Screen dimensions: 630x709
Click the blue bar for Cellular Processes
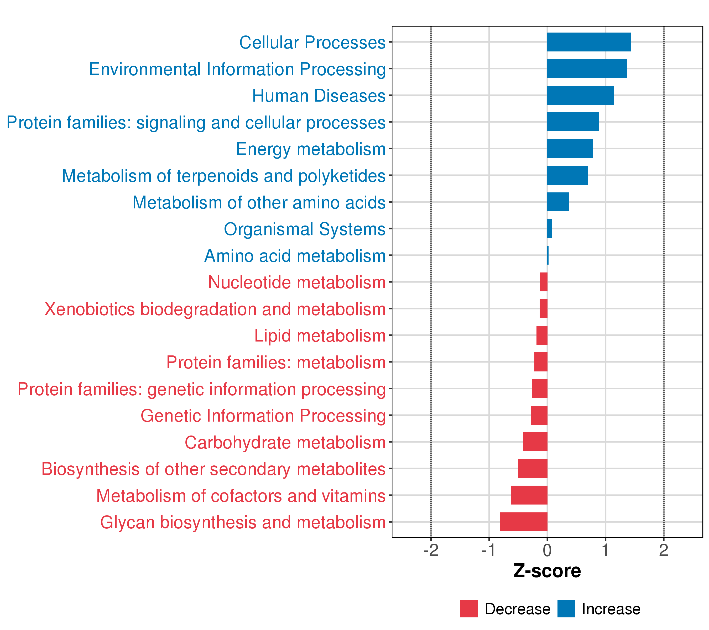click(589, 42)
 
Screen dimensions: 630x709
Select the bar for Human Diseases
click(580, 95)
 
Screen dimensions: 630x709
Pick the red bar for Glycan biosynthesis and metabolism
click(524, 522)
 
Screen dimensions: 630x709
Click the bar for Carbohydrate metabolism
click(535, 442)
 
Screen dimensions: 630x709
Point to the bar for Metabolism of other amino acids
click(558, 202)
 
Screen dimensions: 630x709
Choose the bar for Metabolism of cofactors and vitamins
click(529, 495)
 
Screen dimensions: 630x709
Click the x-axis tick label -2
click(431, 551)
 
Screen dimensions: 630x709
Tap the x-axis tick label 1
click(605, 551)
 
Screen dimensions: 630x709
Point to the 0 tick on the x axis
click(547, 551)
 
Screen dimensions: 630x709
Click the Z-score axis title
click(547, 571)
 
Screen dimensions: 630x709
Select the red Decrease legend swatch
click(469, 609)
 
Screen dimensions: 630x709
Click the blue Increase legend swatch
click(566, 609)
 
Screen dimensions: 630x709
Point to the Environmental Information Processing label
click(237, 69)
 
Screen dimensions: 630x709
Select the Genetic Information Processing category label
click(263, 415)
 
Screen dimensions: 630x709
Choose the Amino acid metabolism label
click(295, 255)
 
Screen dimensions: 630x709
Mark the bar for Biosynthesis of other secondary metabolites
click(533, 468)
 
